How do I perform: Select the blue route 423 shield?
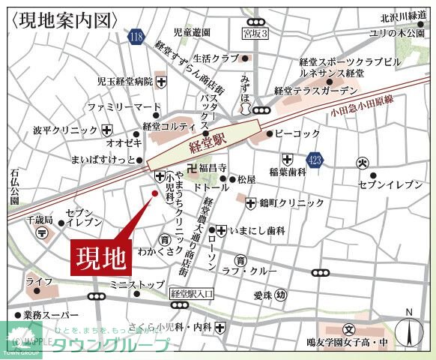pos(316,159)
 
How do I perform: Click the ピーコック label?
pos(297,133)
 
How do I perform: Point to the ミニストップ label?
pos(136,285)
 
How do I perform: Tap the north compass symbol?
pos(408,330)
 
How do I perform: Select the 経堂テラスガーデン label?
pos(315,90)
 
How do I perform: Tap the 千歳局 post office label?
pos(39,220)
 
